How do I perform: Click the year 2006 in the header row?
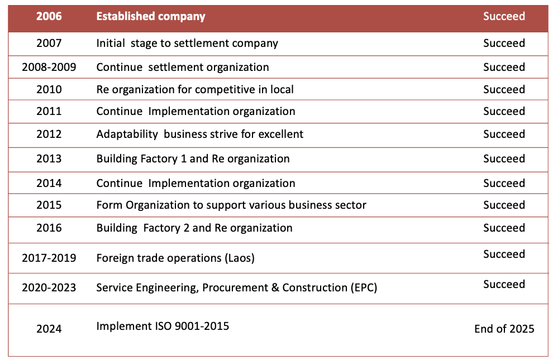point(49,16)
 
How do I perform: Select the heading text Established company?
point(151,16)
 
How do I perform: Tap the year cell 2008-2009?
point(49,68)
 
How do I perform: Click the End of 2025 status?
point(504,329)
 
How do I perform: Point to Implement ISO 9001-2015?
point(163,326)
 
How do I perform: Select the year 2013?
point(49,159)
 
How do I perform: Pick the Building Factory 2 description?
point(194,228)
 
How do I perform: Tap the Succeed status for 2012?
point(504,134)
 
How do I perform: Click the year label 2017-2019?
point(49,258)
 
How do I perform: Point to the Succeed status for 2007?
point(504,43)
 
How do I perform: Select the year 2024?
point(49,329)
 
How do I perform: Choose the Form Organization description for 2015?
point(231,205)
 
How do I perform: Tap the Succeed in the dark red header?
point(504,16)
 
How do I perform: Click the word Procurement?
point(230,287)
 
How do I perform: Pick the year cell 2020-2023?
point(49,288)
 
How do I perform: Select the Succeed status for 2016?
point(504,228)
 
